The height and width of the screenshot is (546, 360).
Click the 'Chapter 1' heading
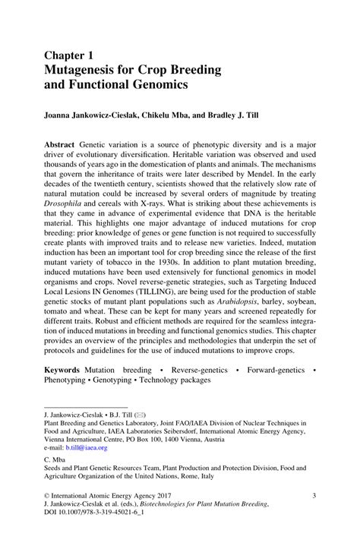70,55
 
